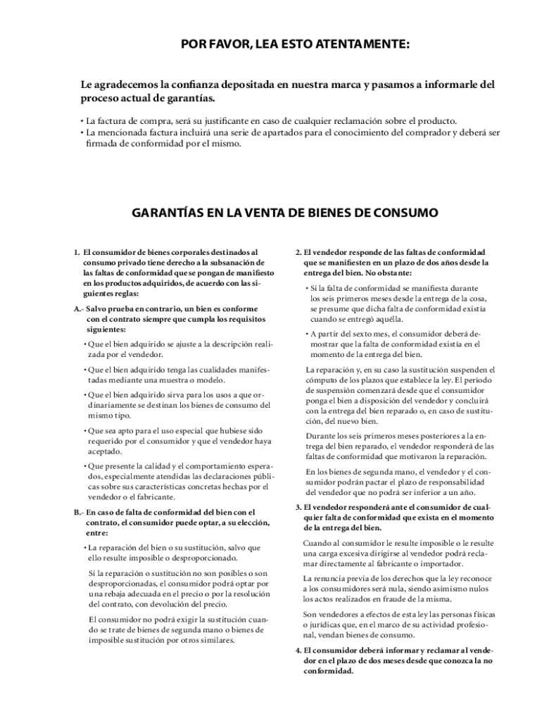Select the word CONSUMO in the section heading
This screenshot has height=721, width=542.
406,213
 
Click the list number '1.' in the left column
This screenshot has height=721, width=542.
77,251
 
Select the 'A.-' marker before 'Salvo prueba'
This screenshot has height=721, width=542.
78,308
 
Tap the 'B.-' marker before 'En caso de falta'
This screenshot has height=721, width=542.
78,512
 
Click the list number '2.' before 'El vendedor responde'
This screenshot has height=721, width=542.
298,251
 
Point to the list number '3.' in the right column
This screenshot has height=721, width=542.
298,506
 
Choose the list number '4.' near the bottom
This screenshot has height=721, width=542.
298,651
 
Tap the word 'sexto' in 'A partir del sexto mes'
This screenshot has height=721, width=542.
367,334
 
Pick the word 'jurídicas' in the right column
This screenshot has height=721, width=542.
328,625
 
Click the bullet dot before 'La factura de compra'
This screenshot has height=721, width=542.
82,120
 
